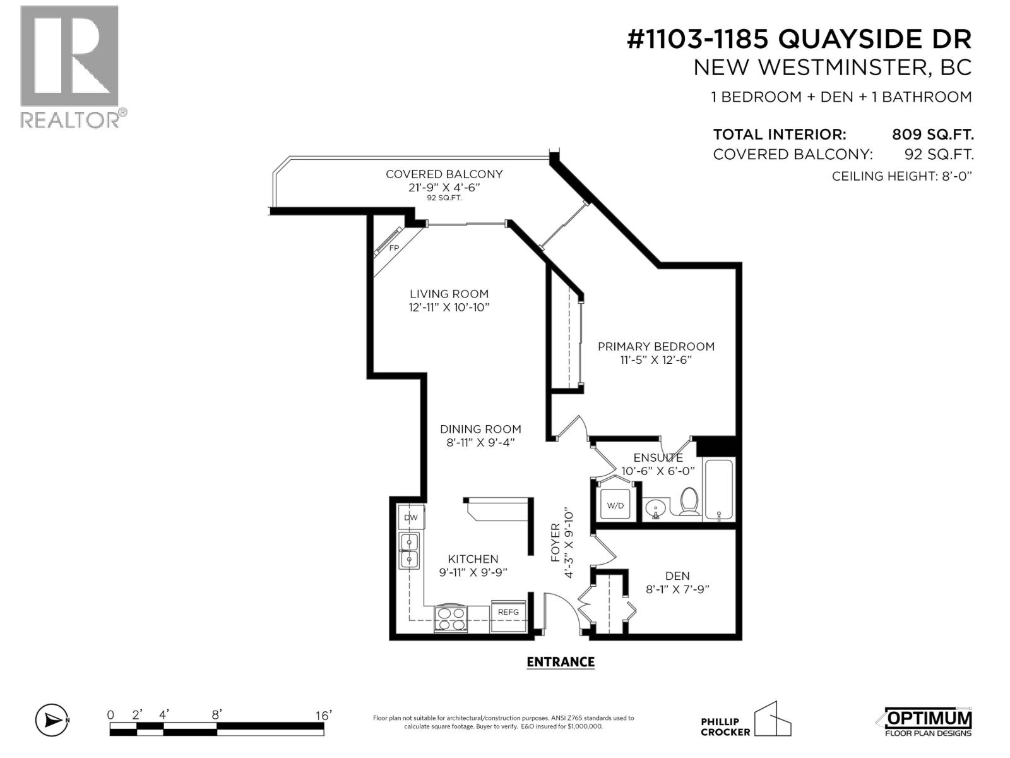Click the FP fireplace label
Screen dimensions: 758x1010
[x=394, y=248]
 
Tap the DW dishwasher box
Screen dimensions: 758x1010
[x=411, y=517]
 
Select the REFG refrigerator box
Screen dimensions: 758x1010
[x=508, y=612]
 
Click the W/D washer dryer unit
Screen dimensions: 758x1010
[x=615, y=505]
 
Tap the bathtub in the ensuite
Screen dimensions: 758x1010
[x=718, y=490]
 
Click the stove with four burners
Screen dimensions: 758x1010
[x=449, y=618]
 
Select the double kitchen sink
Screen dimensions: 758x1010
[x=410, y=550]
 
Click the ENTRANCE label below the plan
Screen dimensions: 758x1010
[x=561, y=661]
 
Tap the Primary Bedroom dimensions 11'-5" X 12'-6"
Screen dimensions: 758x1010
[x=656, y=360]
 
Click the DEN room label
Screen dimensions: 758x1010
[x=677, y=575]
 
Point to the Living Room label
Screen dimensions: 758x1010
[x=449, y=294]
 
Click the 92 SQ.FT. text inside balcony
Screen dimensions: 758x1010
[x=444, y=198]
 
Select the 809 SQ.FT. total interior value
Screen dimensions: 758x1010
[x=932, y=135]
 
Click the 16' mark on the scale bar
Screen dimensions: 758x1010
[x=323, y=715]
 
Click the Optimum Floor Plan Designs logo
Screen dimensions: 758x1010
[x=924, y=721]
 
